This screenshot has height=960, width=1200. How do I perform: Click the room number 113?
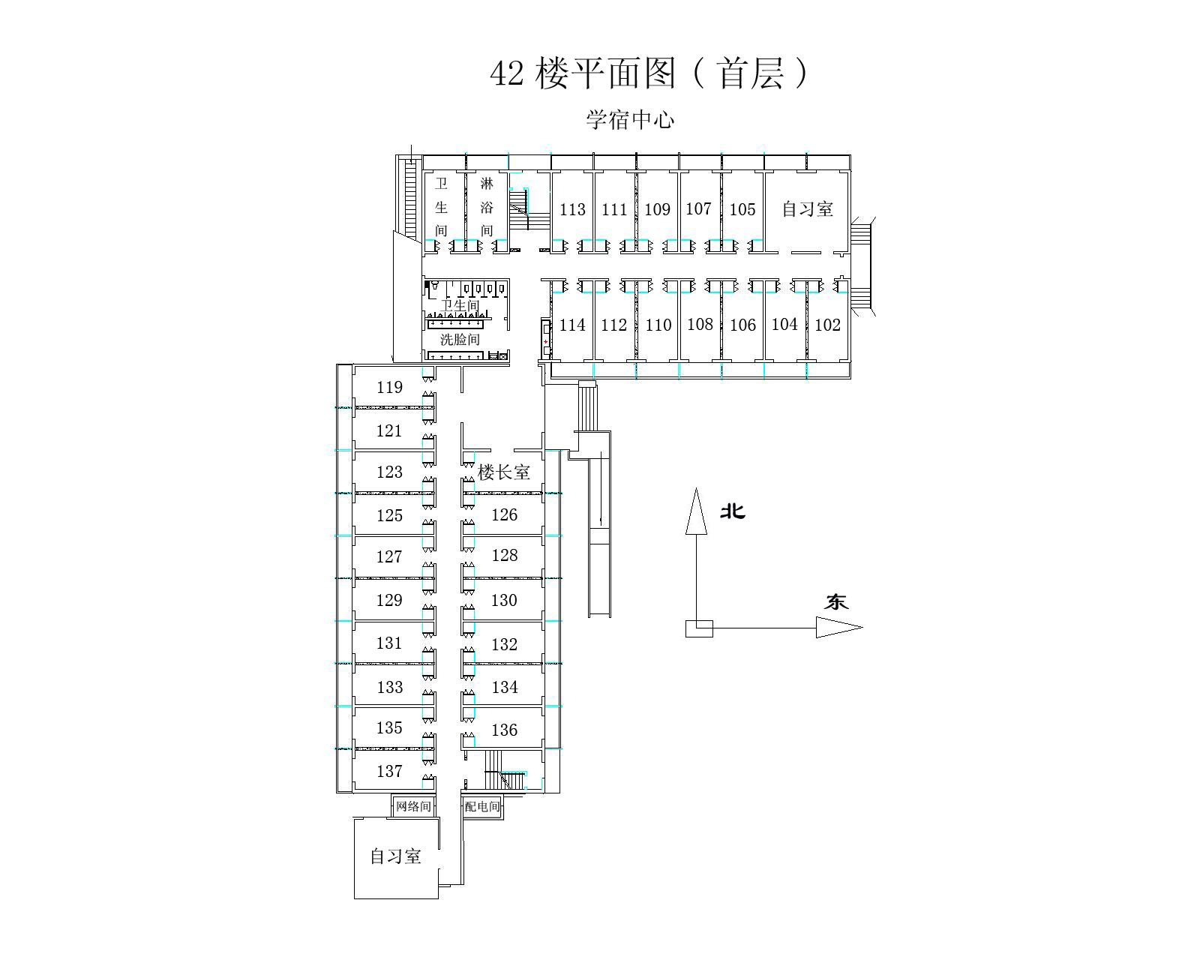click(x=572, y=210)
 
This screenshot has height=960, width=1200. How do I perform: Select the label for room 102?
click(x=827, y=325)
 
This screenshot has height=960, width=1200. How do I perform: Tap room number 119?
click(x=389, y=387)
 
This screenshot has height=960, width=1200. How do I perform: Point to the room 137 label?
click(x=389, y=771)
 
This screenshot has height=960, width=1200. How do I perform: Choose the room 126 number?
click(x=504, y=514)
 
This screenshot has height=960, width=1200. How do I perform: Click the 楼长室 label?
click(x=503, y=472)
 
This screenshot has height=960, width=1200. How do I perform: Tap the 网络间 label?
click(x=413, y=806)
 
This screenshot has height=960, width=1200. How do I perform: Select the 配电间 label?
click(x=482, y=806)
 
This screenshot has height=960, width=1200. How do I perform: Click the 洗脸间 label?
click(x=460, y=339)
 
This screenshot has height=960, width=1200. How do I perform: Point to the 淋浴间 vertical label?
click(x=487, y=207)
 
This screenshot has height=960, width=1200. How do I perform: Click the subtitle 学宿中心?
click(x=630, y=120)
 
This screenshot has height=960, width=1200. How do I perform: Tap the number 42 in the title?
click(x=507, y=73)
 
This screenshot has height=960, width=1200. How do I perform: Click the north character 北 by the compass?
click(x=732, y=511)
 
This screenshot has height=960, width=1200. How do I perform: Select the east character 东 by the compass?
click(x=836, y=602)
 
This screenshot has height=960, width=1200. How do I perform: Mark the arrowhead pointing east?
click(x=839, y=627)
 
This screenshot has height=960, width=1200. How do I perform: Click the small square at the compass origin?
click(x=699, y=628)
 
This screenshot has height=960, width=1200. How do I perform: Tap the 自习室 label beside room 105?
click(x=808, y=209)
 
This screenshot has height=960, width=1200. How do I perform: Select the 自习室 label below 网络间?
click(x=395, y=856)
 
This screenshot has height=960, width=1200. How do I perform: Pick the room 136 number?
click(x=504, y=730)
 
